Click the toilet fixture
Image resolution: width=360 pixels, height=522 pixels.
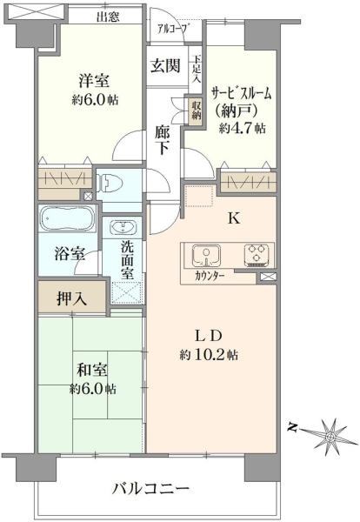tap(109, 183)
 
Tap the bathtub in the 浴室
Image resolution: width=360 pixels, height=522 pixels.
tap(67, 218)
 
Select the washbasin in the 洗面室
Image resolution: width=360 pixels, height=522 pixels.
tap(123, 228)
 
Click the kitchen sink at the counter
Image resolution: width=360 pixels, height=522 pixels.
tap(207, 256)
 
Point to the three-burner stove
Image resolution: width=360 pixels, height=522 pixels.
tap(257, 256)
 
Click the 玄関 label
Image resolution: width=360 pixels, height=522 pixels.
tap(165, 65)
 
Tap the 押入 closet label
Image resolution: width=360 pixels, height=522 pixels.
tap(72, 298)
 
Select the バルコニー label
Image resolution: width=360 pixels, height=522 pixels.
tap(150, 489)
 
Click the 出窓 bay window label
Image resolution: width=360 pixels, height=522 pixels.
tap(108, 17)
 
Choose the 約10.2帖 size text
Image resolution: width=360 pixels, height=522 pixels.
tap(209, 355)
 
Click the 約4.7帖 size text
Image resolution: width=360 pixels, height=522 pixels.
tap(242, 128)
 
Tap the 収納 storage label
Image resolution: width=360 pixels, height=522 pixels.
tap(196, 110)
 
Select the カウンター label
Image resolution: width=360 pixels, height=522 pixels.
tap(210, 276)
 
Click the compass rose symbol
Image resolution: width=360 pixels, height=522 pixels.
tap(330, 435)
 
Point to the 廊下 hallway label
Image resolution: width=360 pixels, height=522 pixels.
tap(162, 141)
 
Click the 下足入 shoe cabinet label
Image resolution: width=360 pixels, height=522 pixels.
tap(197, 70)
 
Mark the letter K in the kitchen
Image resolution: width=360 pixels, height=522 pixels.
tap(234, 218)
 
